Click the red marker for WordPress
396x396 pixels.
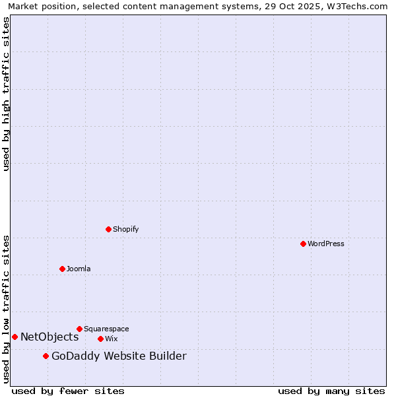[303, 244]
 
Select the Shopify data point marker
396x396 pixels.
[108, 229]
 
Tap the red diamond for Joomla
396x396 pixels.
[62, 269]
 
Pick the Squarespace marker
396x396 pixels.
[79, 329]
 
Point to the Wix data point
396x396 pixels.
[100, 339]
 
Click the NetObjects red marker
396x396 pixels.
[15, 337]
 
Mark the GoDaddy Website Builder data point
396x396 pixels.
[46, 356]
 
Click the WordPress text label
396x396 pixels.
[326, 244]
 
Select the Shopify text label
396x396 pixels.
[125, 229]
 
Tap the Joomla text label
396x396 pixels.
[79, 269]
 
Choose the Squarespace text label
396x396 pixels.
[106, 329]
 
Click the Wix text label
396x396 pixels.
[111, 339]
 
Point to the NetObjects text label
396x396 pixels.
[49, 337]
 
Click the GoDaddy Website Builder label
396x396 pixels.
[119, 356]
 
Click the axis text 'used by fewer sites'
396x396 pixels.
[68, 391]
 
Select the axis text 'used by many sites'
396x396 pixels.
[331, 391]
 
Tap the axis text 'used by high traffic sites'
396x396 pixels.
[6, 94]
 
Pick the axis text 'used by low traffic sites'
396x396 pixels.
[6, 309]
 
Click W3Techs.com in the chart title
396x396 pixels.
[355, 6]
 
